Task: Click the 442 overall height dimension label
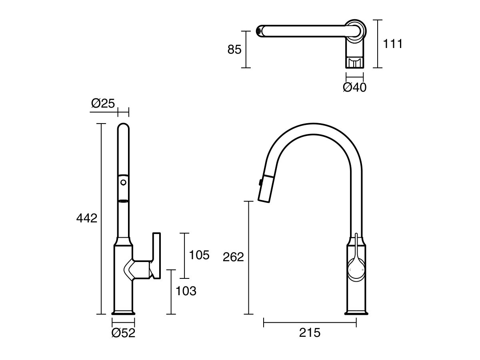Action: coord(87,218)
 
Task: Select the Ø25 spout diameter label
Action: coord(103,103)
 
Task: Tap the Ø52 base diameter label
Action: coord(123,333)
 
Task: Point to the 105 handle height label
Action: coord(199,255)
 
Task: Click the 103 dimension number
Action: coord(186,291)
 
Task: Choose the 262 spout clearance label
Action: coord(233,257)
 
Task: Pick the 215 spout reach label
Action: coord(310,332)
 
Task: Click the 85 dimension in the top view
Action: coord(234,50)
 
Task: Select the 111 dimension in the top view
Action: coord(393,44)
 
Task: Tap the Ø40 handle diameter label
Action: coord(355,87)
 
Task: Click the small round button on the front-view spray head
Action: coord(124,183)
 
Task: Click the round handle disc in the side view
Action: coord(356,268)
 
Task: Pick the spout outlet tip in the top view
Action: coord(259,31)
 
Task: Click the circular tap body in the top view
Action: coord(355,30)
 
